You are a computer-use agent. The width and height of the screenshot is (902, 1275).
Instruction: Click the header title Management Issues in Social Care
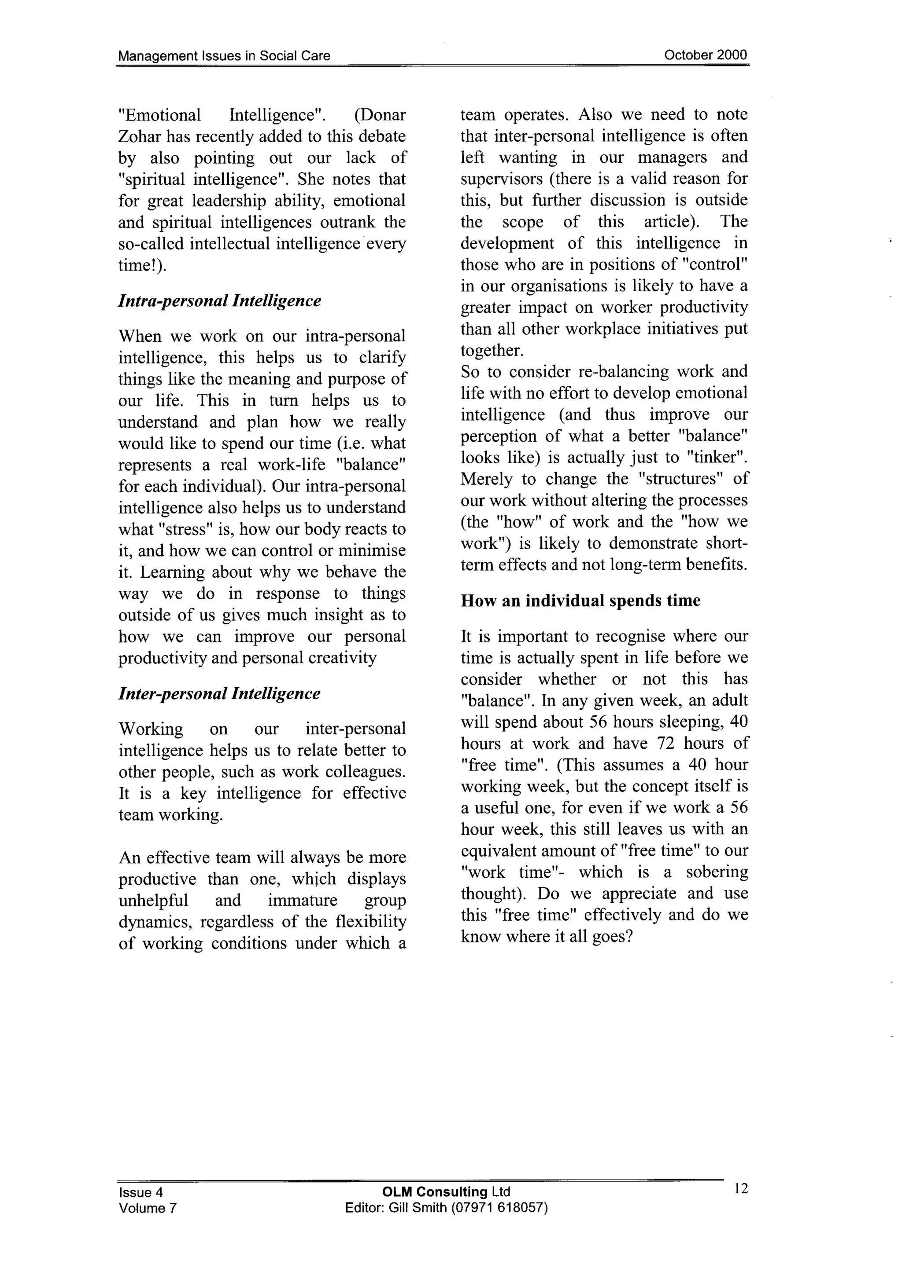click(224, 55)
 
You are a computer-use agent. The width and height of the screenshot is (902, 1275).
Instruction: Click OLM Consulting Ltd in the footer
click(446, 1192)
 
